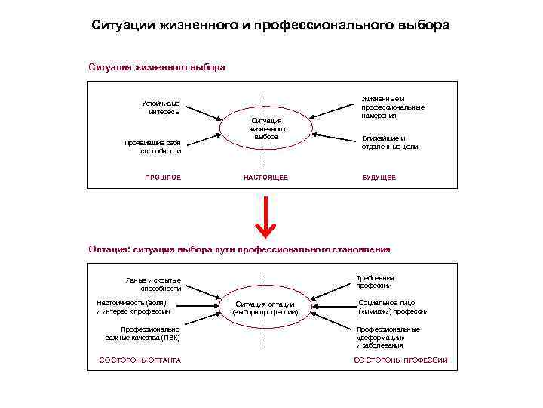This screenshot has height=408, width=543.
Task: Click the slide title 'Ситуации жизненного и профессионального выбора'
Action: tap(271, 25)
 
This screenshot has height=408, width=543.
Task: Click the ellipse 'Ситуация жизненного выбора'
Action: tap(265, 129)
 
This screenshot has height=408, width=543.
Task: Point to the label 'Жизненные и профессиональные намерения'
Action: tap(392, 107)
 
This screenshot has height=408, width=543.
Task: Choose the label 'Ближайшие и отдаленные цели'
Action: tap(390, 142)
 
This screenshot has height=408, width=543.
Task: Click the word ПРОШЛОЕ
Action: tap(163, 178)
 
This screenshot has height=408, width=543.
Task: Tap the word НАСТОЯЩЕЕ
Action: tap(265, 178)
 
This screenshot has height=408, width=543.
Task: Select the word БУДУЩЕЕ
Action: tap(379, 178)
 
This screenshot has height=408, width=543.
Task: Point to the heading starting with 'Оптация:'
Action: tap(240, 249)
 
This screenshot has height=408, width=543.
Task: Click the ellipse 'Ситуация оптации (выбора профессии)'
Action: tap(265, 308)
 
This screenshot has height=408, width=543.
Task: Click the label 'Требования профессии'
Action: tap(375, 281)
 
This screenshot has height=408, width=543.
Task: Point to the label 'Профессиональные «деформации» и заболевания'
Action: tap(388, 337)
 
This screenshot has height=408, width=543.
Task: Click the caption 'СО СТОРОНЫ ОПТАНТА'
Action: tap(140, 360)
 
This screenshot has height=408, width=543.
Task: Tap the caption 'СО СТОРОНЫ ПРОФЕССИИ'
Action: tap(400, 360)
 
